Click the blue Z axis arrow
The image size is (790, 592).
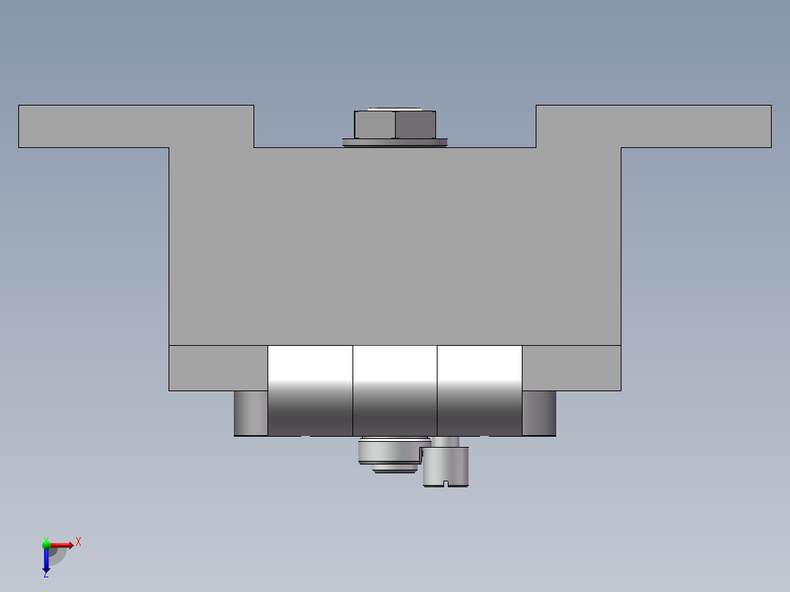pos(45,560)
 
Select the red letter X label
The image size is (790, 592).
pos(78,541)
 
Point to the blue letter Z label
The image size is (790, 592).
pos(45,574)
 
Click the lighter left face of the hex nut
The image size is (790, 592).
pos(374,125)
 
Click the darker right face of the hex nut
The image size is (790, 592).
pos(416,125)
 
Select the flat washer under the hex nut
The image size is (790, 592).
pos(394,143)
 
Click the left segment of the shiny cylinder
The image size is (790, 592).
pos(310,390)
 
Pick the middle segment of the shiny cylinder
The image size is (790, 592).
pos(395,390)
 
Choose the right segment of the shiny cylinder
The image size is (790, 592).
pos(479,390)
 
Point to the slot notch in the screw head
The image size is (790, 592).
pos(446,483)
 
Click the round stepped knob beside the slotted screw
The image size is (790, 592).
pos(390,453)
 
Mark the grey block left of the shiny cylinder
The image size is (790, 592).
pos(218,368)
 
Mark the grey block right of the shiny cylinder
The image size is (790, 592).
pos(572,368)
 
